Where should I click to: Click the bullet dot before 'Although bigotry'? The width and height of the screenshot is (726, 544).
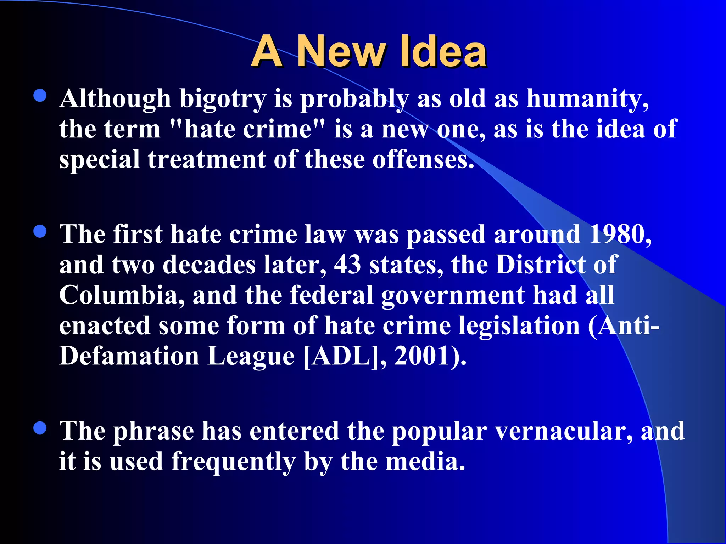coord(40,96)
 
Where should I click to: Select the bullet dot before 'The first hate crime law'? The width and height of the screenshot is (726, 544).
coord(40,232)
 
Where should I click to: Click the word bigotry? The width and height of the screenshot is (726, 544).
coord(223,99)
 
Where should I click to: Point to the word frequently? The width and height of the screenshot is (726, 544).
coord(233,463)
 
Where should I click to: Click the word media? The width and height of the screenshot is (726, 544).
coord(425,462)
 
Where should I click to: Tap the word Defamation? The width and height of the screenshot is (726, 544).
coord(129,356)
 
